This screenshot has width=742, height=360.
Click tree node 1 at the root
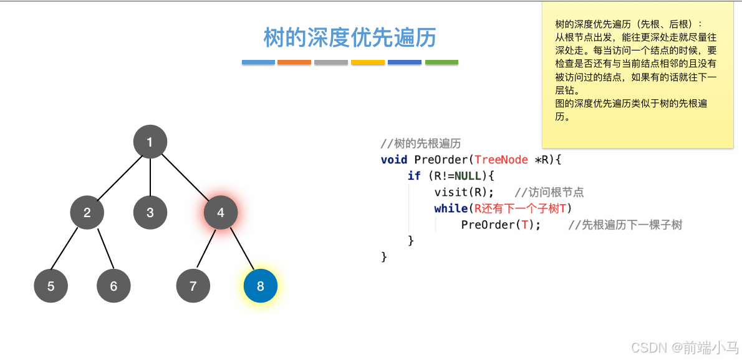point(150,142)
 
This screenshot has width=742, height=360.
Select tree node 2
point(87,212)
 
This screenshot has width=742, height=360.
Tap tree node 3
point(150,212)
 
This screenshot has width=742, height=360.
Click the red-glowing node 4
point(221,212)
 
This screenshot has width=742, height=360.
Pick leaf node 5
point(51,286)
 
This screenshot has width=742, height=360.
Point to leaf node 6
point(113,286)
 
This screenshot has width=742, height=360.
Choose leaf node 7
point(193,286)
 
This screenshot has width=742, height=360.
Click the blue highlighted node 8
point(260,286)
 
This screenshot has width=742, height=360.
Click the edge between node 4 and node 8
point(241,250)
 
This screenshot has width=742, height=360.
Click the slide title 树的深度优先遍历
point(350,37)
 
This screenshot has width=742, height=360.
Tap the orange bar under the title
point(294,62)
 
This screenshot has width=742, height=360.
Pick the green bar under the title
point(441,62)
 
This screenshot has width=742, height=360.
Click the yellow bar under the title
point(368,62)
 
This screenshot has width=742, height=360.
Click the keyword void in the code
point(394,159)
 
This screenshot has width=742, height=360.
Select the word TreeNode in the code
point(501,159)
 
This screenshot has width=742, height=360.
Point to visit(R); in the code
point(464,192)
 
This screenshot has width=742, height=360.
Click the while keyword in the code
point(450,208)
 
